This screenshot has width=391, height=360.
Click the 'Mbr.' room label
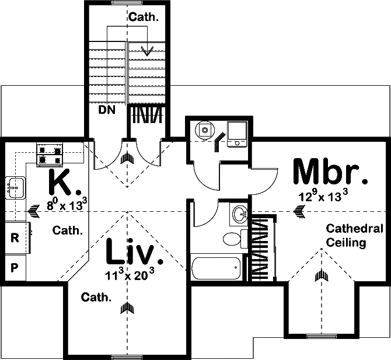point(330,172)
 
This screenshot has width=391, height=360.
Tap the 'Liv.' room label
point(131,254)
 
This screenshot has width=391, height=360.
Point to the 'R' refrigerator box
point(15,238)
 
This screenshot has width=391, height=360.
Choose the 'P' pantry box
point(15,268)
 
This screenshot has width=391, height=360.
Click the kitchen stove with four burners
point(50,155)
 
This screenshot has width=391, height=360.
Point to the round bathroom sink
point(240,215)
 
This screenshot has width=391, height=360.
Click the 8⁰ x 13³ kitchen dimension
point(67,205)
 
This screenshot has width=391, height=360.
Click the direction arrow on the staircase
point(149,50)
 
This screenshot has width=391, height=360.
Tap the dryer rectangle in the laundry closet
point(238,134)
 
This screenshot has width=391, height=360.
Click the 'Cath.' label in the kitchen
point(68,230)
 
